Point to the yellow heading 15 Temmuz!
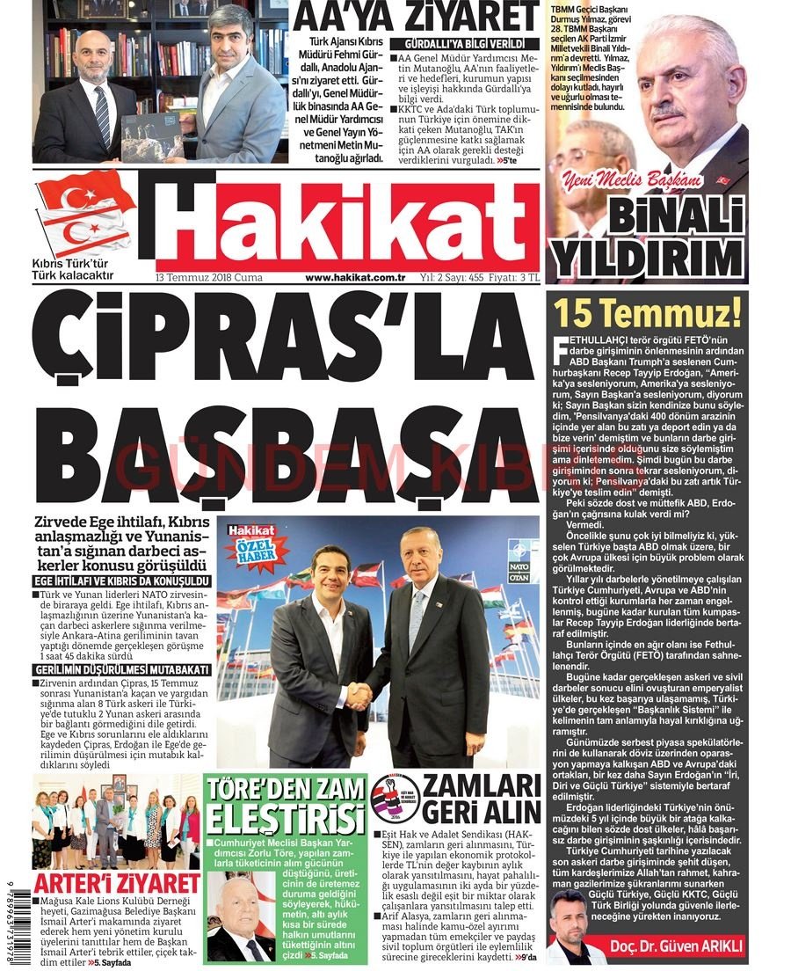click(647, 311)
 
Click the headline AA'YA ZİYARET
click(415, 17)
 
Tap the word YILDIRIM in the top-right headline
click(647, 259)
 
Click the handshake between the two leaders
click(358, 696)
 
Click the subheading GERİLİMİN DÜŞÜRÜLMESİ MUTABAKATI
click(122, 670)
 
